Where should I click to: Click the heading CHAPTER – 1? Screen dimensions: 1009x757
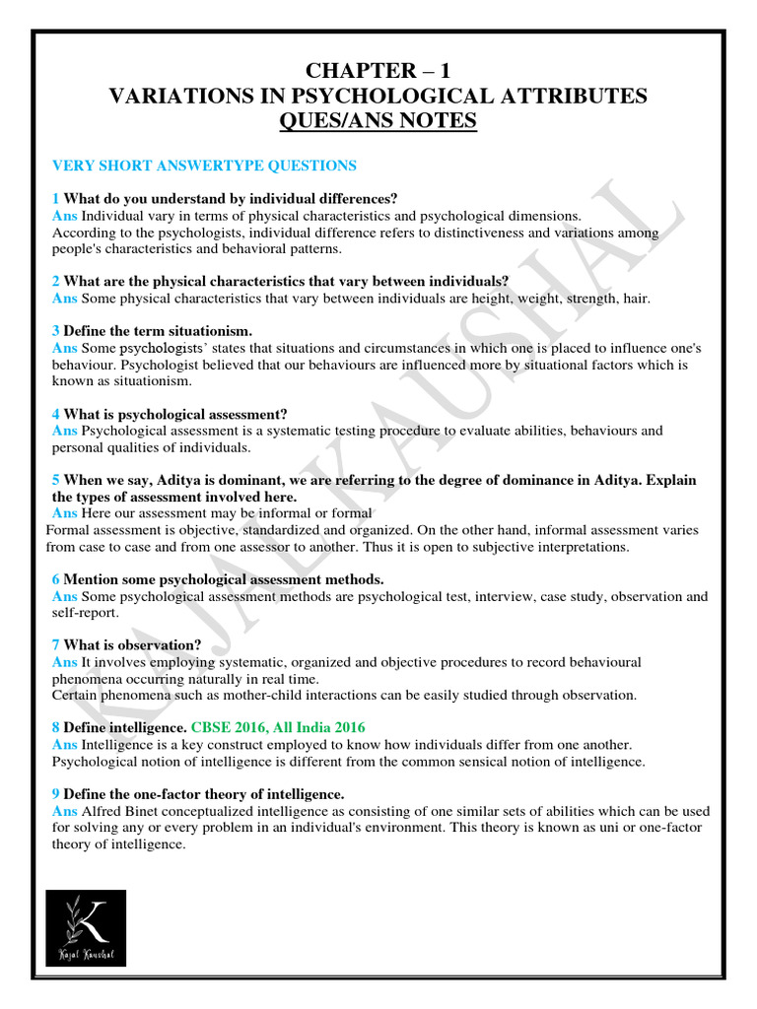(378, 71)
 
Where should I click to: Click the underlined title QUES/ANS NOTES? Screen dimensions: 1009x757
(378, 121)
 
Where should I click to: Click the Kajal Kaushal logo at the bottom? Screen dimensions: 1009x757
(86, 928)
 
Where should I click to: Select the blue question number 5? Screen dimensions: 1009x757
(55, 480)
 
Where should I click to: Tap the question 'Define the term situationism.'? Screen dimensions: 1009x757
(158, 331)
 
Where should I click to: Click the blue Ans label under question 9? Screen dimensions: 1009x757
(64, 811)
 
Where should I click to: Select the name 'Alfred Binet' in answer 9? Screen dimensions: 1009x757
(119, 811)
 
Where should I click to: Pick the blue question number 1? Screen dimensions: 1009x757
(55, 198)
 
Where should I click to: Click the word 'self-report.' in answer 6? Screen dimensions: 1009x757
(85, 613)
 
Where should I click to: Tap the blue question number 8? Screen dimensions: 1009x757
(55, 727)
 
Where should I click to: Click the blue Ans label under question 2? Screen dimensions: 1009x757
(64, 298)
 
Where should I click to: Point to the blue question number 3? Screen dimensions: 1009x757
(55, 331)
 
